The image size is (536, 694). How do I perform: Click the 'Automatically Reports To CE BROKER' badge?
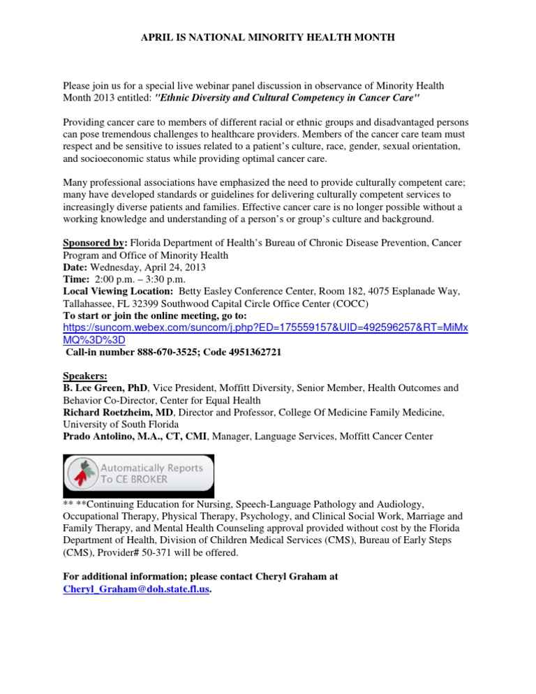139,475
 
